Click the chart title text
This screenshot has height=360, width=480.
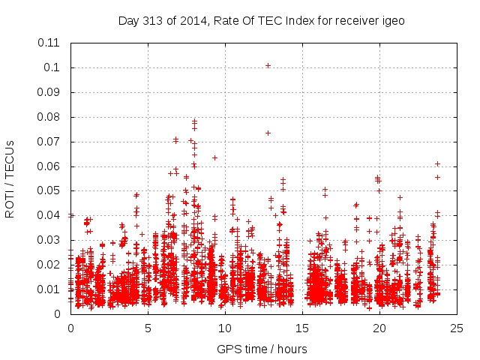pyautogui.click(x=261, y=21)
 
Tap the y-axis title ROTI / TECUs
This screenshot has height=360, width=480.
pyautogui.click(x=10, y=178)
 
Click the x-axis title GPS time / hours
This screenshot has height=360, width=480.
pyautogui.click(x=261, y=349)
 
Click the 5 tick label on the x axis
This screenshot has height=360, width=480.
pyautogui.click(x=148, y=328)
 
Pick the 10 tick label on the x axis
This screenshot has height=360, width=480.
pyautogui.click(x=225, y=328)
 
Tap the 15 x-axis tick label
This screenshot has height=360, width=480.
pyautogui.click(x=302, y=328)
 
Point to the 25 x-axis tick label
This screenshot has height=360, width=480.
pyautogui.click(x=457, y=328)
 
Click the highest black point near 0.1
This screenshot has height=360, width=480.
pyautogui.click(x=268, y=65)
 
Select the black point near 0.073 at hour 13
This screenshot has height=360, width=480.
pyautogui.click(x=268, y=133)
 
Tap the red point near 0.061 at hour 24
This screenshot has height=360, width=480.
pyautogui.click(x=437, y=163)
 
